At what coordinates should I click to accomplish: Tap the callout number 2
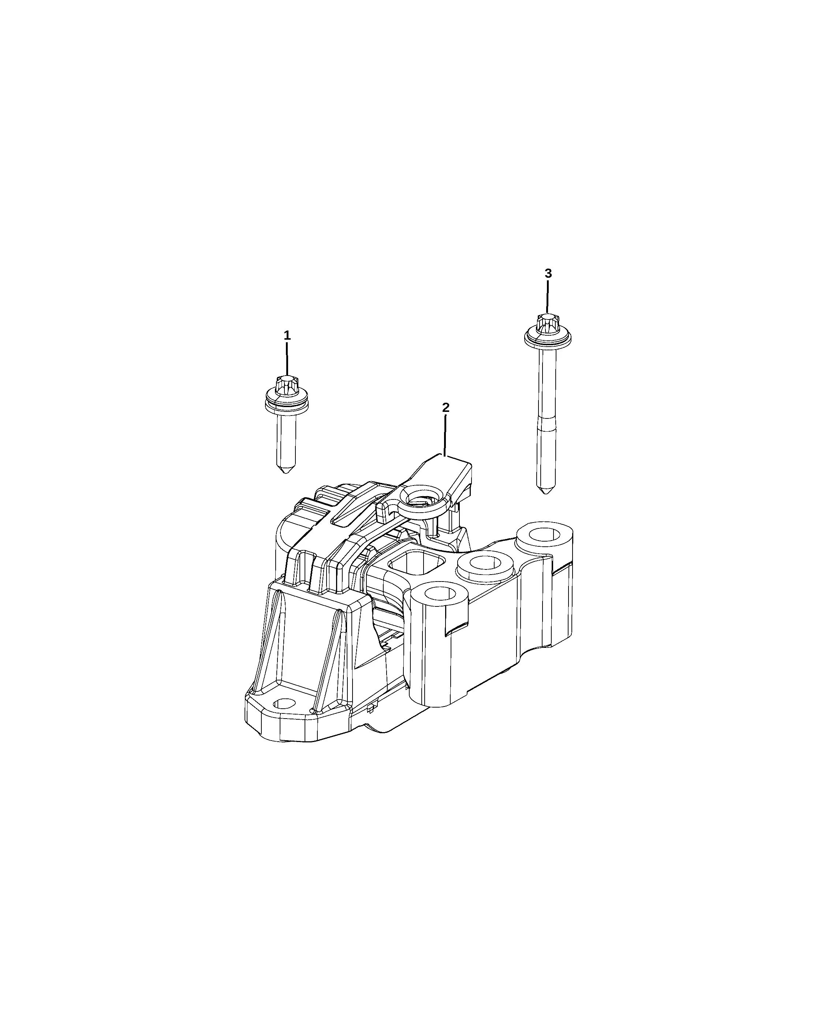pyautogui.click(x=446, y=408)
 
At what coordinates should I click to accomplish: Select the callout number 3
pyautogui.click(x=548, y=274)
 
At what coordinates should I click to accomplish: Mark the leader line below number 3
pyautogui.click(x=548, y=298)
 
